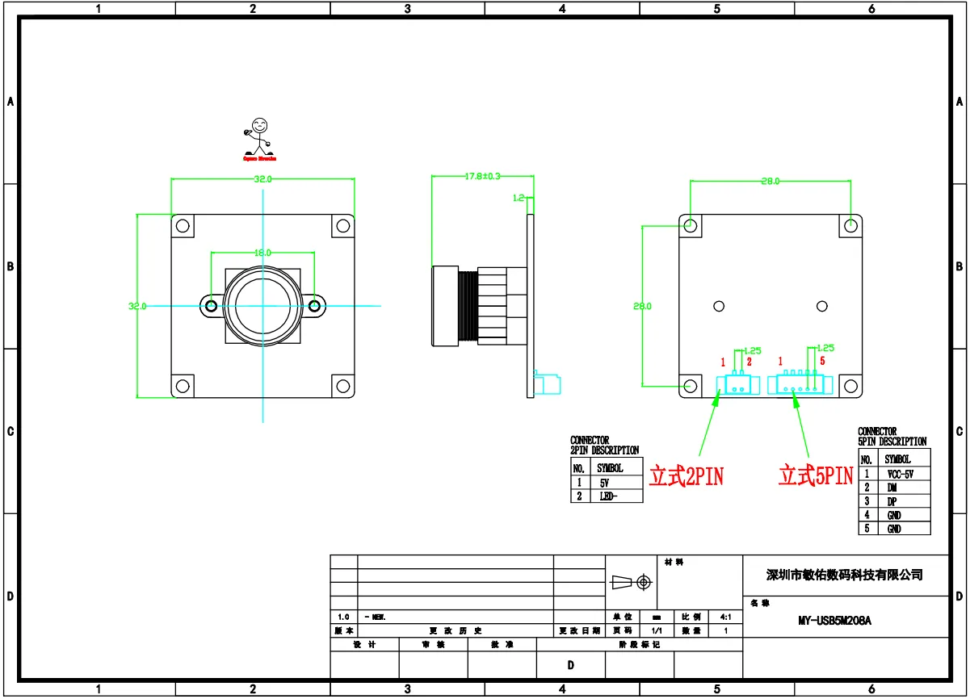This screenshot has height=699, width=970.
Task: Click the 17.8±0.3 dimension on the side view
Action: [x=482, y=176]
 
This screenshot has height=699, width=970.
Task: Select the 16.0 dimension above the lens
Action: [x=262, y=253]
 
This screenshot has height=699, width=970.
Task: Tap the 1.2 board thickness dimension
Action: [x=519, y=197]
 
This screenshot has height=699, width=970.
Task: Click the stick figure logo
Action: [x=259, y=139]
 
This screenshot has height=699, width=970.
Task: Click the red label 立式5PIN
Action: [x=816, y=476]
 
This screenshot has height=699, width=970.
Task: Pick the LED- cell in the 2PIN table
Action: [x=609, y=496]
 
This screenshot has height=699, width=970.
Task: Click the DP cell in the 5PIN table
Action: [x=892, y=501]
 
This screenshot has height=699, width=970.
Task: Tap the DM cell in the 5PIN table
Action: [x=892, y=488]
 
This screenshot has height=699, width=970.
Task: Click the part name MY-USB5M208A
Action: [x=834, y=621]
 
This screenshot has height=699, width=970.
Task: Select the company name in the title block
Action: [x=844, y=575]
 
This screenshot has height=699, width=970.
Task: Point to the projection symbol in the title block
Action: [x=631, y=581]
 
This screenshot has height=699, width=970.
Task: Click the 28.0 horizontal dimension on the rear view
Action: [x=771, y=182]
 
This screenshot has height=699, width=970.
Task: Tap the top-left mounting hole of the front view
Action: [x=183, y=226]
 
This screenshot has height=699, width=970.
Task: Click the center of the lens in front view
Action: [x=262, y=306]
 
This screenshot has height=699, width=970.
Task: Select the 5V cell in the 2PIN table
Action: [x=605, y=483]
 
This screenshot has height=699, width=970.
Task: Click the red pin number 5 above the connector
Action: [x=821, y=362]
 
